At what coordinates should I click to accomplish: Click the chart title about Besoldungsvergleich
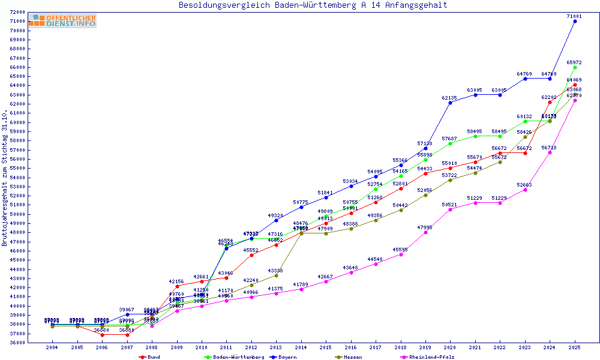coord(313,5)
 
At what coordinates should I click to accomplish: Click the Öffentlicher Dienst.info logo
coord(62,21)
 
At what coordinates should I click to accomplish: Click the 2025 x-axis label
coord(575,347)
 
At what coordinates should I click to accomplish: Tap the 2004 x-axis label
coord(53,347)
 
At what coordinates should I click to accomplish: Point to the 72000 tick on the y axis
coord(17,12)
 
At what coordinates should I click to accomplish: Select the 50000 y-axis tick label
coord(17,214)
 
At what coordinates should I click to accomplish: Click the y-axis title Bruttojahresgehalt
coord(5,178)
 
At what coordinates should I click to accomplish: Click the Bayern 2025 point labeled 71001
coord(575,21)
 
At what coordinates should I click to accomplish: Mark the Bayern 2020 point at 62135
coord(450,103)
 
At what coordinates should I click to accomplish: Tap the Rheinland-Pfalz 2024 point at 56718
coord(550,152)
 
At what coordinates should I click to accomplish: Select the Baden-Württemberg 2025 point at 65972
coord(575,67)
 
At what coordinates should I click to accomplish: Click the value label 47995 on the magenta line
coord(425,228)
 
